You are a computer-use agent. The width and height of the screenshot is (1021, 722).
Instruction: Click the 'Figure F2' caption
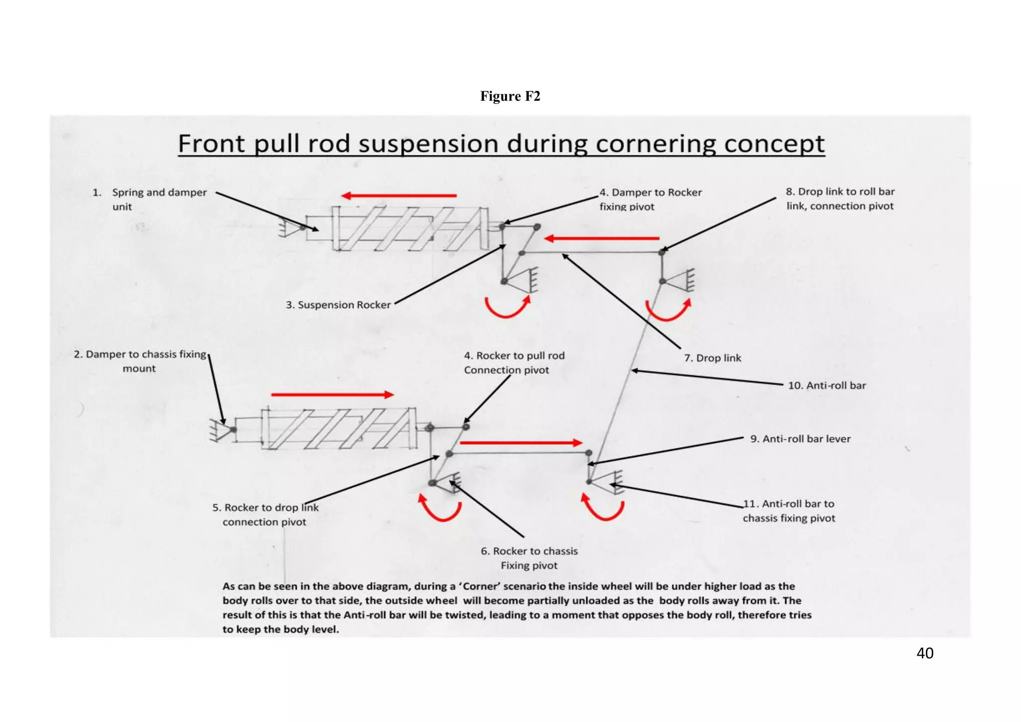click(510, 96)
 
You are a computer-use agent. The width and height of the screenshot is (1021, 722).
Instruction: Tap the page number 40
click(925, 653)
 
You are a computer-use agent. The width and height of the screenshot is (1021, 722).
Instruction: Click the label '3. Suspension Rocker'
click(338, 305)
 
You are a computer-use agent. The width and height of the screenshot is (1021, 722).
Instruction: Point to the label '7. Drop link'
click(712, 358)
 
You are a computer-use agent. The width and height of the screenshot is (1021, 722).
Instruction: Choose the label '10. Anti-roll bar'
click(827, 385)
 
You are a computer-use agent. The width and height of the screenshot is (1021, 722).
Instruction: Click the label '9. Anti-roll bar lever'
click(800, 439)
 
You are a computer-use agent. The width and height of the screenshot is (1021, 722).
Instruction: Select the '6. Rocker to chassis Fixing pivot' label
click(529, 558)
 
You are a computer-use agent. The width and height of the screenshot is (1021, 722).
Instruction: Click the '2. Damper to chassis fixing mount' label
click(140, 361)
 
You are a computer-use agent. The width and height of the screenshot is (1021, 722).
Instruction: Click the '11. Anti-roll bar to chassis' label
click(789, 511)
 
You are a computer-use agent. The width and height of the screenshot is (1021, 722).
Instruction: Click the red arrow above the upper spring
click(399, 195)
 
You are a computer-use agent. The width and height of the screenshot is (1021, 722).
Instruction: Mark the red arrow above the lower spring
click(332, 395)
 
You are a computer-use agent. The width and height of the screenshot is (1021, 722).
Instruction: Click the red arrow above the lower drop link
click(520, 442)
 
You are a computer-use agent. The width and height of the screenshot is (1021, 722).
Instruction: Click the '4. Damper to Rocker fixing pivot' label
click(650, 199)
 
